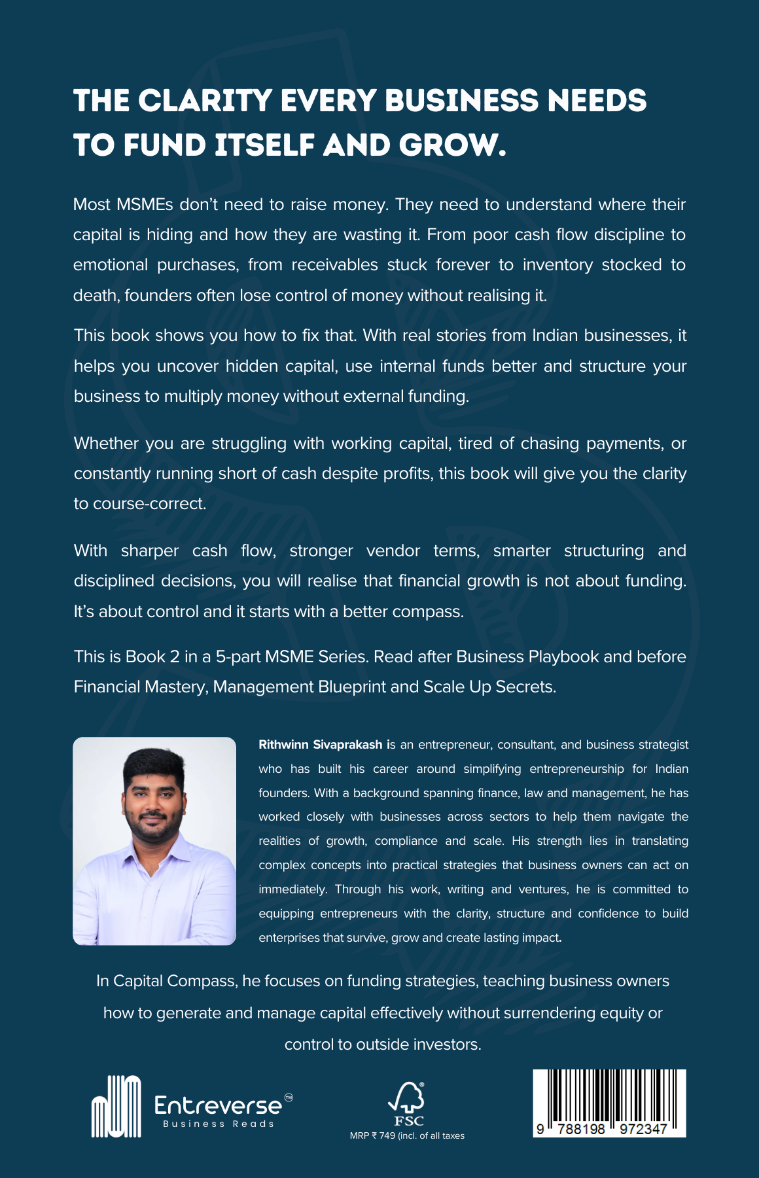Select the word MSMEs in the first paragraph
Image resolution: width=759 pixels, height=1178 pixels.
coord(144,205)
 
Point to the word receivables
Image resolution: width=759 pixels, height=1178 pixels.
coord(334,265)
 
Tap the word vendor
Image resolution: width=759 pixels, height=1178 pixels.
coord(393,551)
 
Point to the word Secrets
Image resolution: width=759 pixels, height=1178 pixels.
coord(525,687)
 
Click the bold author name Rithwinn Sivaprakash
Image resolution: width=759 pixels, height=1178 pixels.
coord(320,745)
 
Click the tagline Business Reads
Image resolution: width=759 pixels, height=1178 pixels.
coord(219,1124)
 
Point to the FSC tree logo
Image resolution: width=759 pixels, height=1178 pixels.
coord(407,1098)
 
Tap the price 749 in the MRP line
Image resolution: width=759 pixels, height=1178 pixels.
coord(387,1136)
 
